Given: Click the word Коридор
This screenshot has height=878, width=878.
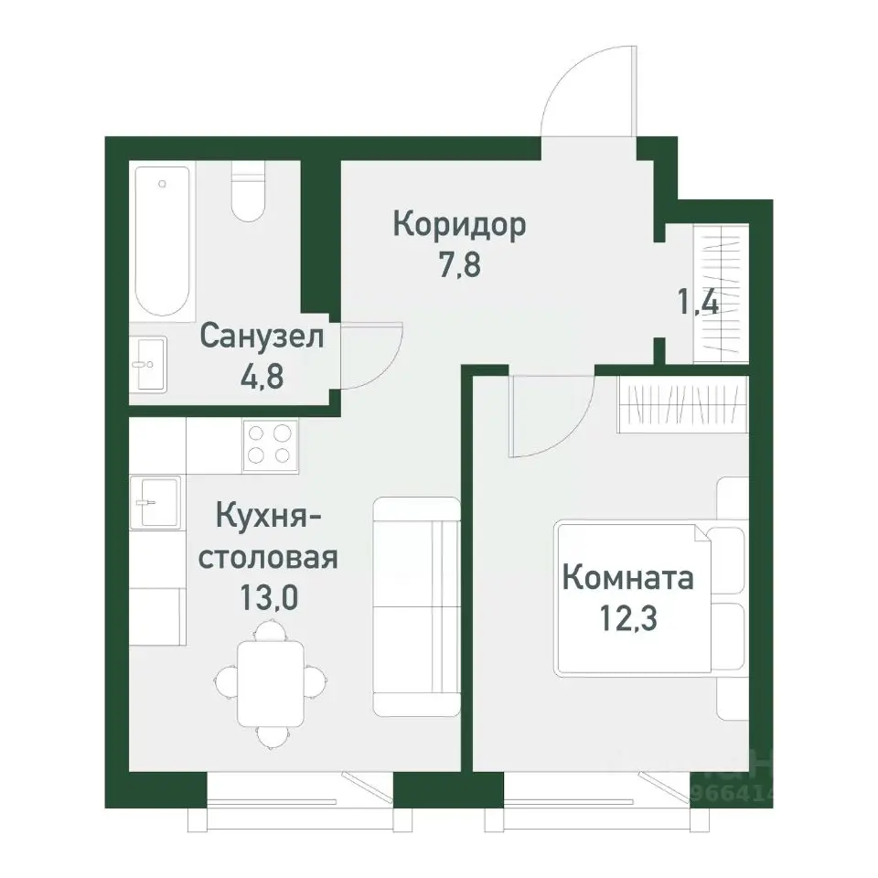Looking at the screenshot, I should pyautogui.click(x=459, y=224).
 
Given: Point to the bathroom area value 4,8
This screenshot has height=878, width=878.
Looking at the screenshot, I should pyautogui.click(x=262, y=376).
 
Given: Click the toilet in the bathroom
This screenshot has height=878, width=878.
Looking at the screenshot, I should pyautogui.click(x=248, y=192).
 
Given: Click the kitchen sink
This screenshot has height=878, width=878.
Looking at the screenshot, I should pyautogui.click(x=155, y=502).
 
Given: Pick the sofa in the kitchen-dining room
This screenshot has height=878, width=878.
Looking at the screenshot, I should pyautogui.click(x=416, y=606).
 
